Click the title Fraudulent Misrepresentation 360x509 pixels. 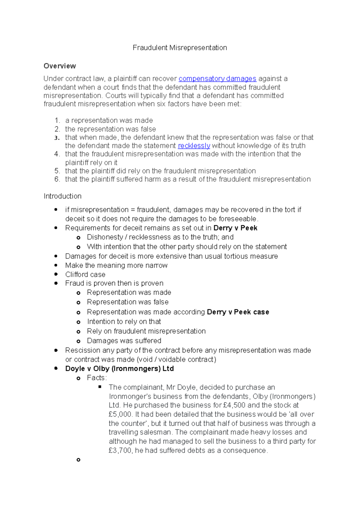(x=180, y=48)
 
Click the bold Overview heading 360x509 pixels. (x=60, y=66)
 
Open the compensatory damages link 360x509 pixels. (x=217, y=79)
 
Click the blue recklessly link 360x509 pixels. (x=194, y=146)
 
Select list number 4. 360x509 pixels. (x=57, y=154)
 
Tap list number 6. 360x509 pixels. (x=57, y=179)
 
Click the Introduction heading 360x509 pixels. (x=62, y=196)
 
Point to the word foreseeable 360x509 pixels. (x=238, y=219)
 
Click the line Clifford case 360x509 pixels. (x=85, y=275)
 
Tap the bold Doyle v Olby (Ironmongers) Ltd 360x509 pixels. (x=119, y=369)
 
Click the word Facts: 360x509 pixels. (x=97, y=378)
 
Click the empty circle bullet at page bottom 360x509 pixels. (x=78, y=460)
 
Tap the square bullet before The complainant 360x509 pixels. (x=100, y=387)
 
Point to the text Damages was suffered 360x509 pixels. (x=124, y=341)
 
